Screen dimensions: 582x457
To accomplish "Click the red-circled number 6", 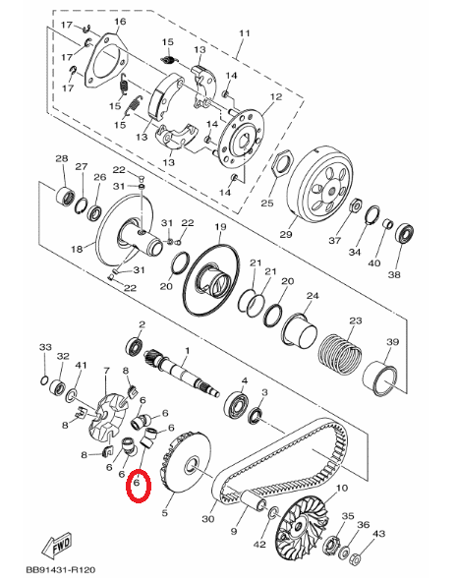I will [x=138, y=486].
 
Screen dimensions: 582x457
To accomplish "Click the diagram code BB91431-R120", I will [x=54, y=568].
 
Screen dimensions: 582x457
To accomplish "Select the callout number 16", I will [x=120, y=22].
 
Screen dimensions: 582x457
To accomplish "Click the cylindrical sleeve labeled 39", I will [x=384, y=377].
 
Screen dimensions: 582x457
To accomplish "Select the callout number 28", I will [x=61, y=159].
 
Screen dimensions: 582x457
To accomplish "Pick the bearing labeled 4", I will [x=235, y=401].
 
